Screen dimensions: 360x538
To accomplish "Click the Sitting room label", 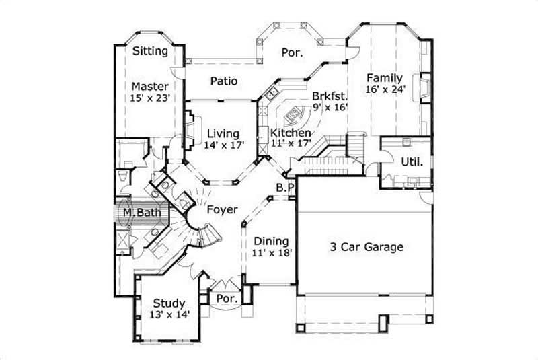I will coord(150,51).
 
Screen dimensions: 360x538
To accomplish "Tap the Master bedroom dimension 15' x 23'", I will coord(149,98).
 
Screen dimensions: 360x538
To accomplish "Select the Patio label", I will coord(223,81).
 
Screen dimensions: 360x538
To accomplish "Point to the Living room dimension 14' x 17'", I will coord(223,144).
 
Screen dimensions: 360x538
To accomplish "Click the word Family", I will coord(385,78).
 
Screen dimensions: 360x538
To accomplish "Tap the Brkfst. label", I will coord(328,96).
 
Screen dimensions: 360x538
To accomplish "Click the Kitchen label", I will coord(291,133).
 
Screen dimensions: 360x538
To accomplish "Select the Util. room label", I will coord(412,161).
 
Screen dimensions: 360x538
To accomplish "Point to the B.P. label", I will coord(284,188).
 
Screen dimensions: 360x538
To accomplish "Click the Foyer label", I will coord(222,210).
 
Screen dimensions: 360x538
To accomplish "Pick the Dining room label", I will coord(271,241).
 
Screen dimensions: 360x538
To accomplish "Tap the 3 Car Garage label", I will coord(367,247).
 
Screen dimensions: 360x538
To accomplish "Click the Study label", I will coord(169,303).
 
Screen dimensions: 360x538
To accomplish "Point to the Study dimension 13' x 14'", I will coord(169,314).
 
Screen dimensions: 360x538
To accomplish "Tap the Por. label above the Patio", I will coord(292,52).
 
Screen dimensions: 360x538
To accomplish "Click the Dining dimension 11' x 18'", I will coord(271,252).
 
